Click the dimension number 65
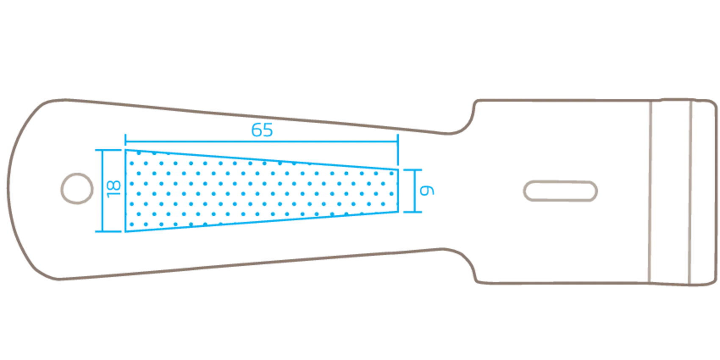pyautogui.click(x=262, y=130)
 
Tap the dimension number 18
pyautogui.click(x=114, y=189)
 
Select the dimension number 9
pyautogui.click(x=427, y=190)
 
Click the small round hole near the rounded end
pyautogui.click(x=77, y=188)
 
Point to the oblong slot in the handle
pyautogui.click(x=560, y=191)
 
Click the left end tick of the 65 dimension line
pyautogui.click(x=125, y=141)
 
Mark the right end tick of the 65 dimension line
pyautogui.click(x=398, y=141)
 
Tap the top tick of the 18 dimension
pyautogui.click(x=108, y=150)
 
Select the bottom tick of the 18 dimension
pyautogui.click(x=108, y=231)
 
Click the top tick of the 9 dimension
pyautogui.click(x=413, y=170)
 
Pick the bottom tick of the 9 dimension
pyautogui.click(x=413, y=212)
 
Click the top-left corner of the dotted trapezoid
pyautogui.click(x=125, y=150)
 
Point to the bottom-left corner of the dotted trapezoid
pyautogui.click(x=125, y=231)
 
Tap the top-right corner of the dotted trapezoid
pyautogui.click(x=398, y=170)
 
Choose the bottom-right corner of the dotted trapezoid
pyautogui.click(x=398, y=212)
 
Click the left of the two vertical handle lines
pyautogui.click(x=650, y=192)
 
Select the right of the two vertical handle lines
pyautogui.click(x=690, y=192)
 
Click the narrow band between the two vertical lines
pyautogui.click(x=670, y=192)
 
